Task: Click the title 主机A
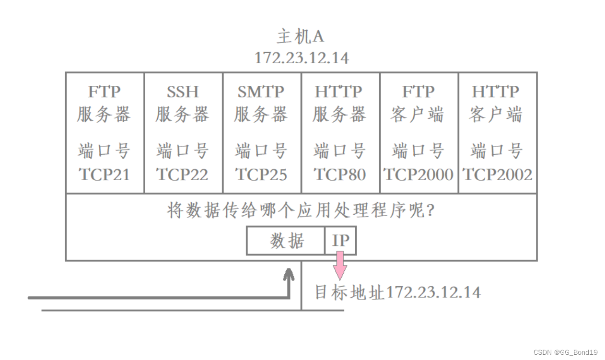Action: [x=301, y=37]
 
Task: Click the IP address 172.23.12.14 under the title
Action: [x=301, y=58]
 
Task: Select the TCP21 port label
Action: [x=105, y=174]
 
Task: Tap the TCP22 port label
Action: [x=183, y=174]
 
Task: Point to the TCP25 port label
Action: [x=261, y=174]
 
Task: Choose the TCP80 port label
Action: [x=340, y=174]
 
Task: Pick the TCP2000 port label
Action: [x=419, y=174]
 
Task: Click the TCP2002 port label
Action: [x=497, y=174]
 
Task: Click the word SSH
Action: [x=183, y=92]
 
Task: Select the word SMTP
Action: [x=261, y=92]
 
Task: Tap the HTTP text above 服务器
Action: [x=340, y=92]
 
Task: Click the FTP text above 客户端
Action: [x=419, y=92]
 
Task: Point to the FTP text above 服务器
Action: [x=105, y=92]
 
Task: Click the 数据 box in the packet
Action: [x=286, y=241]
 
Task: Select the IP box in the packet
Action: [x=341, y=241]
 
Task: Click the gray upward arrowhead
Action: [x=289, y=274]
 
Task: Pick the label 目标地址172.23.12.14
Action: [x=397, y=292]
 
